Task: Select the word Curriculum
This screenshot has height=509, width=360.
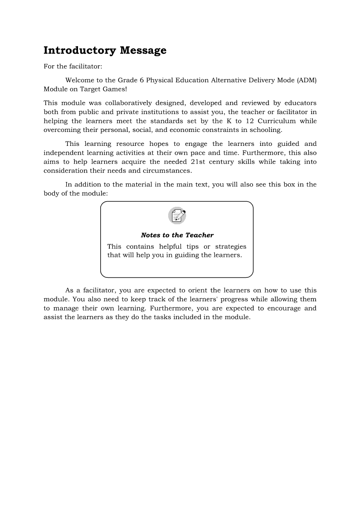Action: [x=276, y=121]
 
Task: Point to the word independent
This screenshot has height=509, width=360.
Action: [x=63, y=153]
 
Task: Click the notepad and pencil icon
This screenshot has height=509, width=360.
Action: [x=177, y=216]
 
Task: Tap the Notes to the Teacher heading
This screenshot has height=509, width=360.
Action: [x=177, y=235]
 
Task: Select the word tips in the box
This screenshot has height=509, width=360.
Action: [x=192, y=246]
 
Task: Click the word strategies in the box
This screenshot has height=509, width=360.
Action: [x=231, y=246]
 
